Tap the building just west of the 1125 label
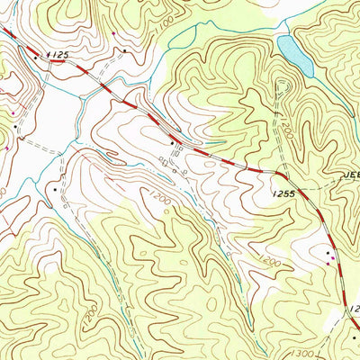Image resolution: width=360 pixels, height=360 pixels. pyautogui.click(x=36, y=56)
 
